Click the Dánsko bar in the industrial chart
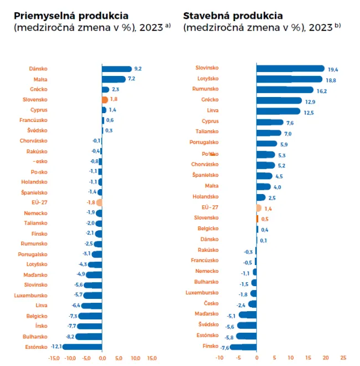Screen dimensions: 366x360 tap(117, 69)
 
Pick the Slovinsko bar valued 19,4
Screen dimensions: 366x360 tap(290, 69)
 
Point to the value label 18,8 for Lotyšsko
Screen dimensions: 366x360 tap(331, 80)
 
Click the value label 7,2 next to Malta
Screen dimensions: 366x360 tap(131, 79)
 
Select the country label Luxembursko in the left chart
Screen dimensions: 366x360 tap(31, 296)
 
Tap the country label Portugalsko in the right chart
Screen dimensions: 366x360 tap(203, 143)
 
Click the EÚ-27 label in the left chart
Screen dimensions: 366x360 tap(38, 202)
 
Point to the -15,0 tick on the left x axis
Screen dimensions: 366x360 tap(54, 358)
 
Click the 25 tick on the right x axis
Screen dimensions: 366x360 tap(343, 358)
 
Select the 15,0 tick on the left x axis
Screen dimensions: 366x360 tap(152, 358)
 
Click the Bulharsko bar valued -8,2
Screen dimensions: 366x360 tap(89, 337)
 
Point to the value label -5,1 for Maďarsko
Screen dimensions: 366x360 tap(232, 316)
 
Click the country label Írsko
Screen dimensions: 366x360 tap(40, 326)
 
